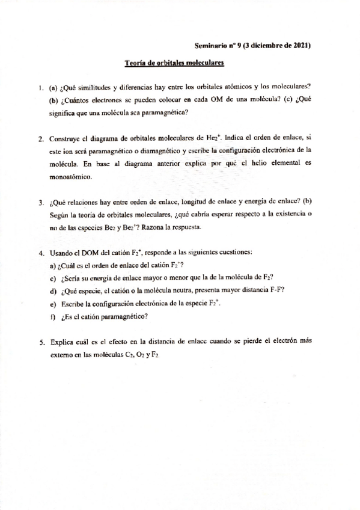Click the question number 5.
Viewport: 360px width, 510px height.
40,342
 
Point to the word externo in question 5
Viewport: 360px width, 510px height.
66,355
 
